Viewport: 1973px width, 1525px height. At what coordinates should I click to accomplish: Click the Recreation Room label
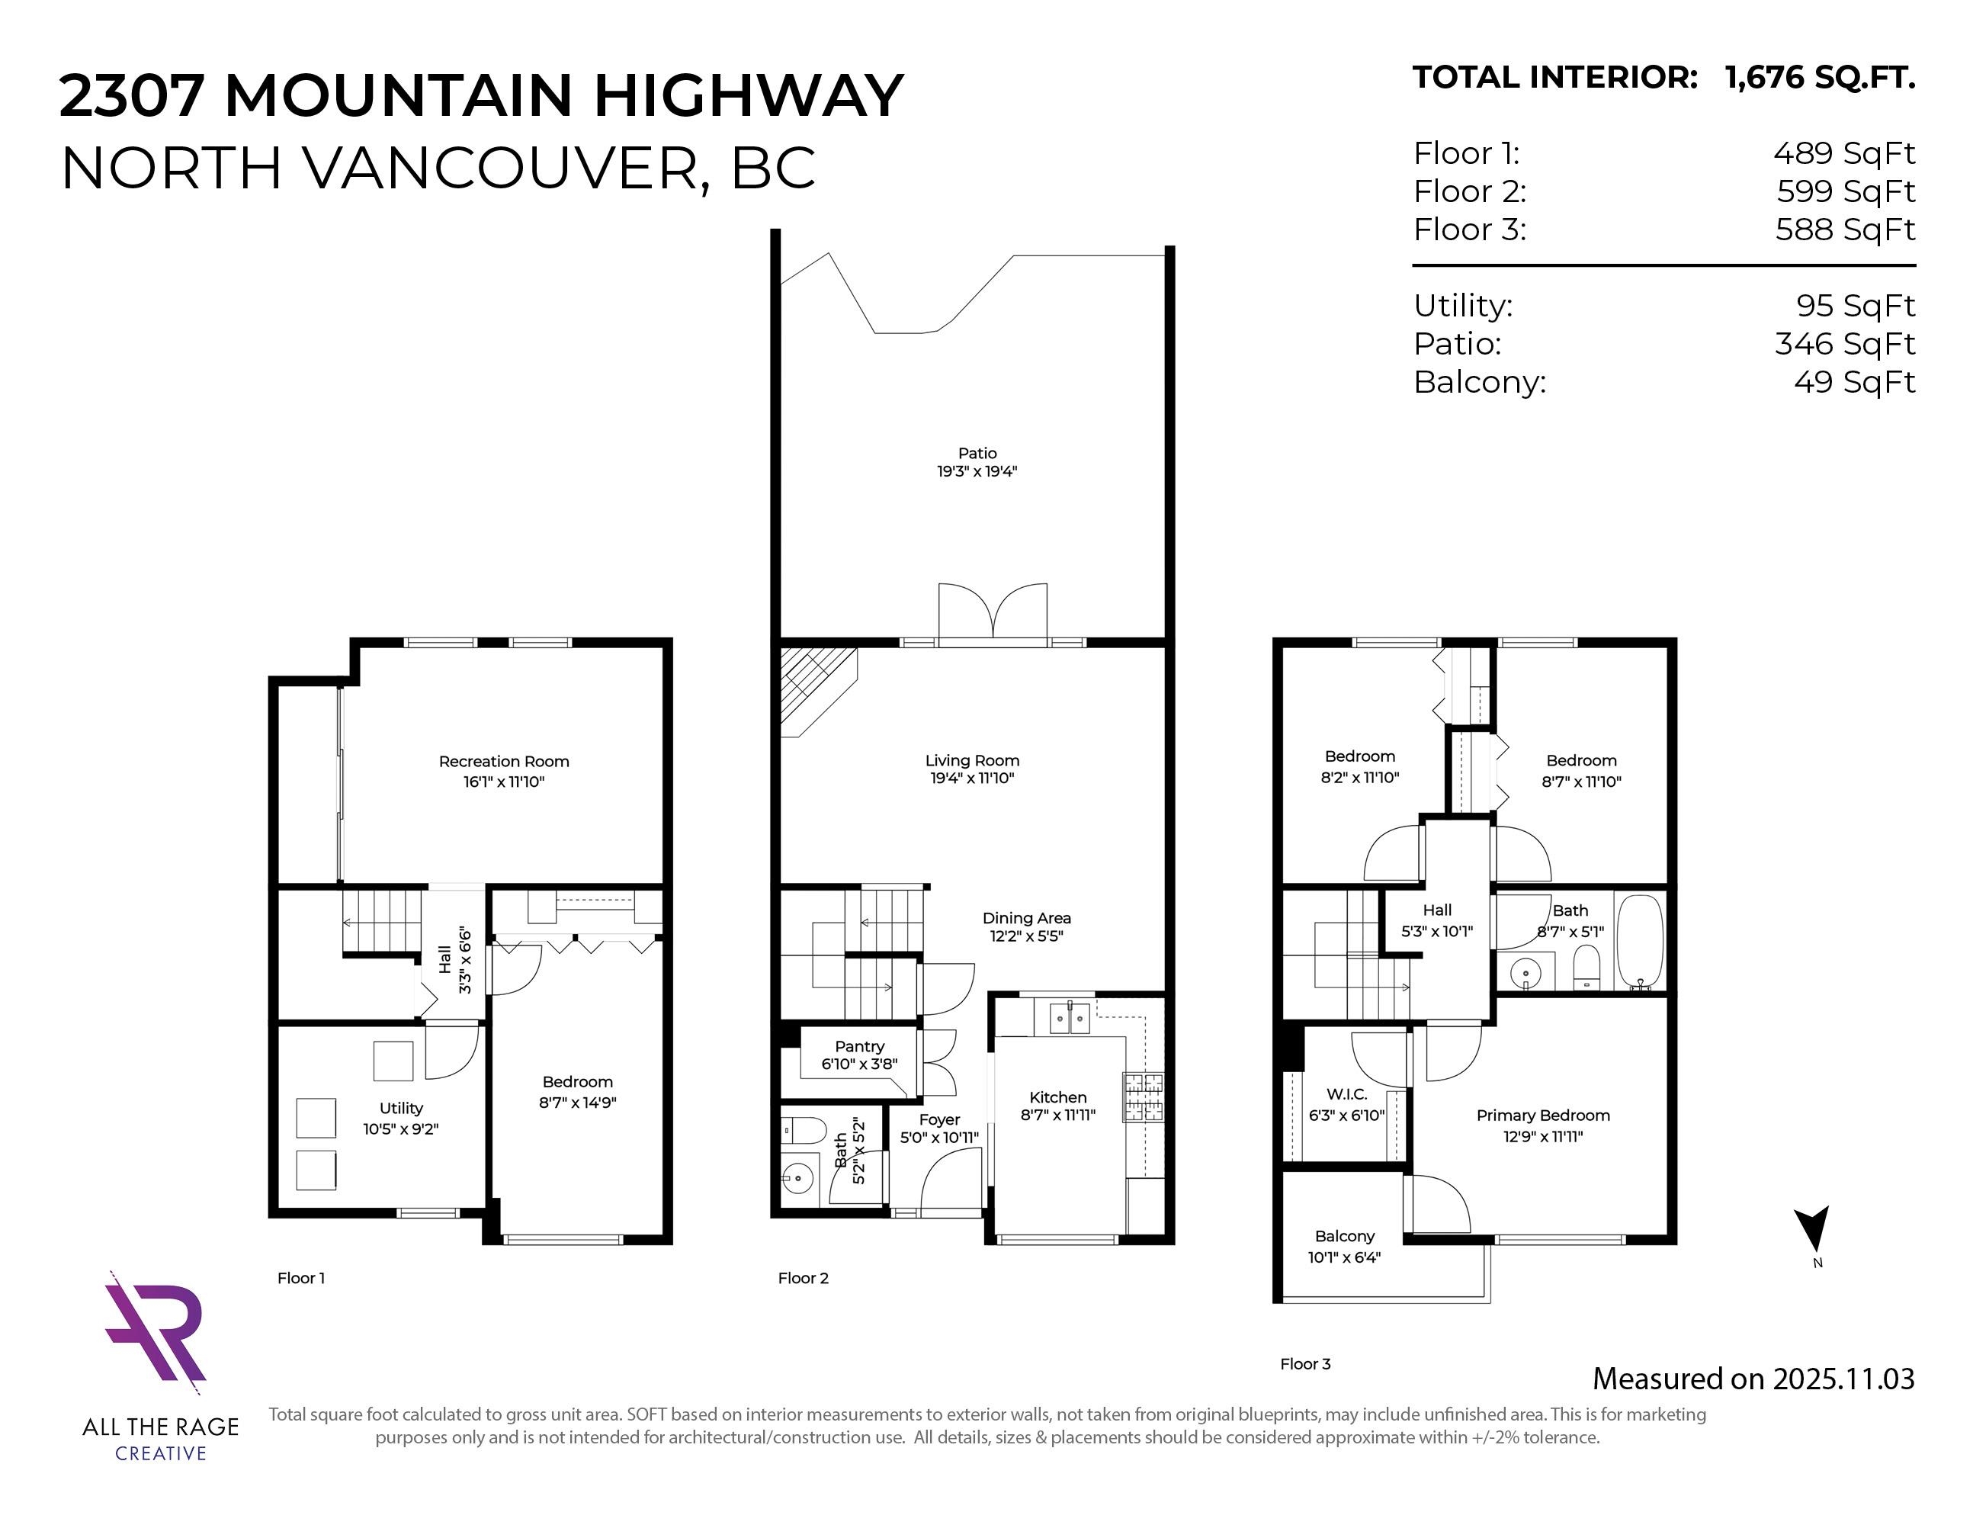pos(504,762)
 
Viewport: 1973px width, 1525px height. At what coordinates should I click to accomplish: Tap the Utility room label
pos(401,1108)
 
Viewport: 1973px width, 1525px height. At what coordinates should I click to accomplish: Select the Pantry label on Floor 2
pos(859,1046)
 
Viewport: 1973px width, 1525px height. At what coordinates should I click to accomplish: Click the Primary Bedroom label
pos(1543,1116)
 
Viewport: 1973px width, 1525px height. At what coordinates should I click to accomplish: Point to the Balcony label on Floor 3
pos(1344,1236)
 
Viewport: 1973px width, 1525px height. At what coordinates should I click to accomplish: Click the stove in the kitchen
pos(1143,1096)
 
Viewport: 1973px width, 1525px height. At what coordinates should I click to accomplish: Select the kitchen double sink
pos(1070,1017)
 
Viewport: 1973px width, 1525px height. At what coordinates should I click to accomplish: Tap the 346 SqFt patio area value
pos(1844,344)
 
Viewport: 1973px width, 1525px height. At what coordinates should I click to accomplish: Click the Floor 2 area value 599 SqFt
pos(1846,191)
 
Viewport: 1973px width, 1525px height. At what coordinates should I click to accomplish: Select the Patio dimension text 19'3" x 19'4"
pos(977,470)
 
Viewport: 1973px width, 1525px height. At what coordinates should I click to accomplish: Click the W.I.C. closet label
pos(1346,1094)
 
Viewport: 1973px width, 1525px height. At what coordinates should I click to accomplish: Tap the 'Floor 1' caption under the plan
pos(301,1277)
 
